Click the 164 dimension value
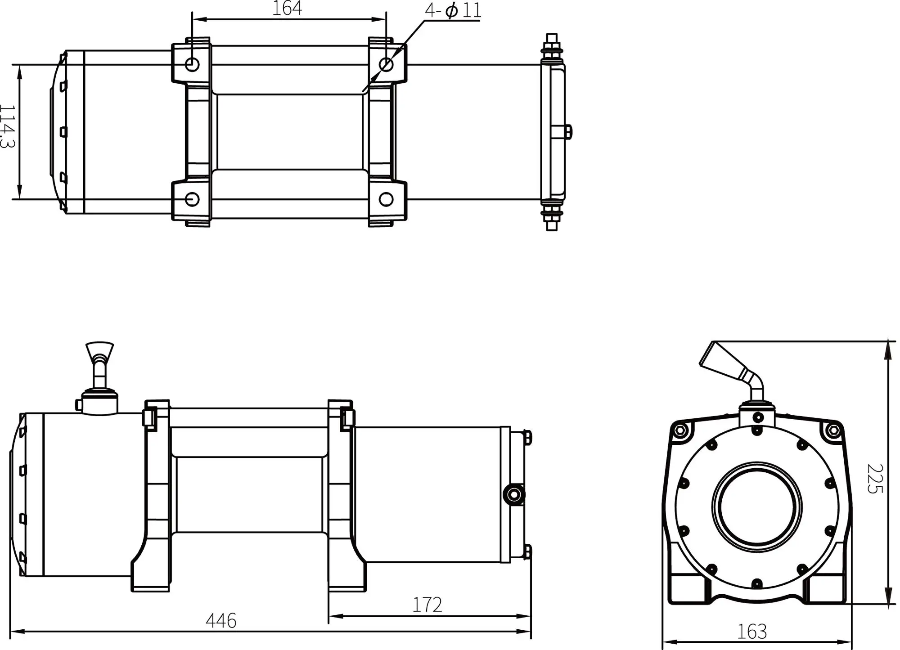click(287, 9)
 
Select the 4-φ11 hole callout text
click(453, 10)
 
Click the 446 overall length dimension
click(221, 621)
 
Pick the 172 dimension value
click(427, 605)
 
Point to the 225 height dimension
click(875, 479)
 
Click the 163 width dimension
click(752, 632)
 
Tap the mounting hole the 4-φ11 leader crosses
click(386, 64)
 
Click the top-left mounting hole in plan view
click(192, 64)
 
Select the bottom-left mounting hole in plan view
click(192, 199)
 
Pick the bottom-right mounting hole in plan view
click(386, 199)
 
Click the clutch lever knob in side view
click(99, 350)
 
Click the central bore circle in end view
click(757, 506)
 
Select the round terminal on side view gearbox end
click(513, 495)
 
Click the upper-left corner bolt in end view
click(679, 430)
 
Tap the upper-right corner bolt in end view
click(833, 430)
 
